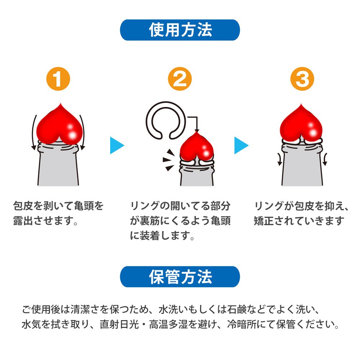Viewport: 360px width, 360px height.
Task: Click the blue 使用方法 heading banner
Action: click(x=180, y=30)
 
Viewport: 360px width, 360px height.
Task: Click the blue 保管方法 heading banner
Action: click(x=180, y=276)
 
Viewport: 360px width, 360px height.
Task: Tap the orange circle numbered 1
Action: click(x=58, y=79)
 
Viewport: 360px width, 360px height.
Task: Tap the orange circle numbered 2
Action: click(x=180, y=79)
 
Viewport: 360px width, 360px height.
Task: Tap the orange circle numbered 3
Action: click(x=302, y=79)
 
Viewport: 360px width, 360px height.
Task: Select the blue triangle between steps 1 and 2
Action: click(x=117, y=145)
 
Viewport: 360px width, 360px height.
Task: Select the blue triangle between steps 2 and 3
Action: click(x=241, y=145)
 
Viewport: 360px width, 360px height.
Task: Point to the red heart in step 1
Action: click(x=59, y=125)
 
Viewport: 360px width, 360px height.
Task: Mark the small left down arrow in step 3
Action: click(x=279, y=159)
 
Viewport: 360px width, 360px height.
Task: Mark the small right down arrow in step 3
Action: click(x=325, y=159)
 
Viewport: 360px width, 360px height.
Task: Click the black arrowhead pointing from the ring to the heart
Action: click(x=197, y=130)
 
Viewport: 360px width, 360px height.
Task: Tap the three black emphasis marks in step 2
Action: click(x=168, y=160)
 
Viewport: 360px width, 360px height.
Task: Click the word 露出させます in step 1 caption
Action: click(x=43, y=221)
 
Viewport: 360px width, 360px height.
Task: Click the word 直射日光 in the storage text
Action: click(x=120, y=324)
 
